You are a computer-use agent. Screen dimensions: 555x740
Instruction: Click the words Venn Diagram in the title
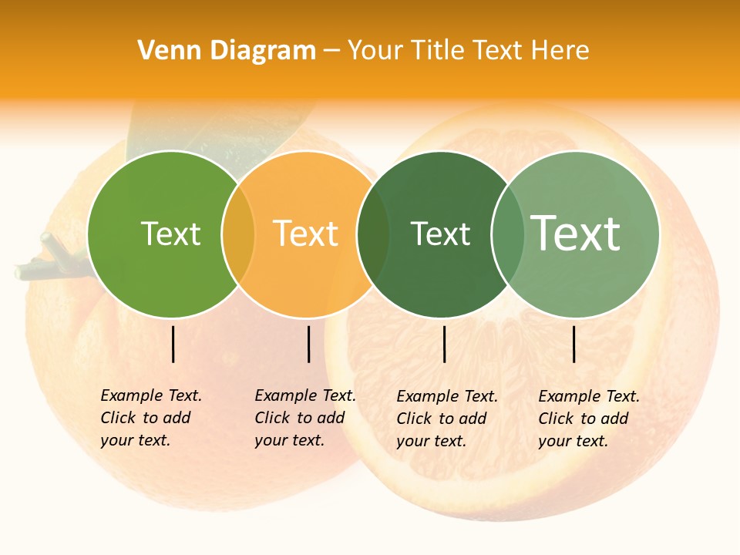[227, 51]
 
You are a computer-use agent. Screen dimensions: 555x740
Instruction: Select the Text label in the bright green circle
[170, 234]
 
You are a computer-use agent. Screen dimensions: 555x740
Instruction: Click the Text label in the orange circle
[306, 234]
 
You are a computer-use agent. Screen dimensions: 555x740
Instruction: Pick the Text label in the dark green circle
[440, 234]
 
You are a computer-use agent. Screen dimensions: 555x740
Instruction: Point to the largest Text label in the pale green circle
[576, 234]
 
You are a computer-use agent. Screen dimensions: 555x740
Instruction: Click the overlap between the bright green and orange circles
[238, 234]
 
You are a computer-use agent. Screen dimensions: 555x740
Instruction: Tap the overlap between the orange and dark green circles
[374, 234]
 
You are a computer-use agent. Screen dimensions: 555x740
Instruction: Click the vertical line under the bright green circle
[173, 344]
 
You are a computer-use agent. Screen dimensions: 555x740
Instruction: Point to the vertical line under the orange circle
[308, 344]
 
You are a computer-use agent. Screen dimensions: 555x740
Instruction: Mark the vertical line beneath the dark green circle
[444, 344]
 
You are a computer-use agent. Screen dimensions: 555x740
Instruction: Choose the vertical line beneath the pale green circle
[574, 344]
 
